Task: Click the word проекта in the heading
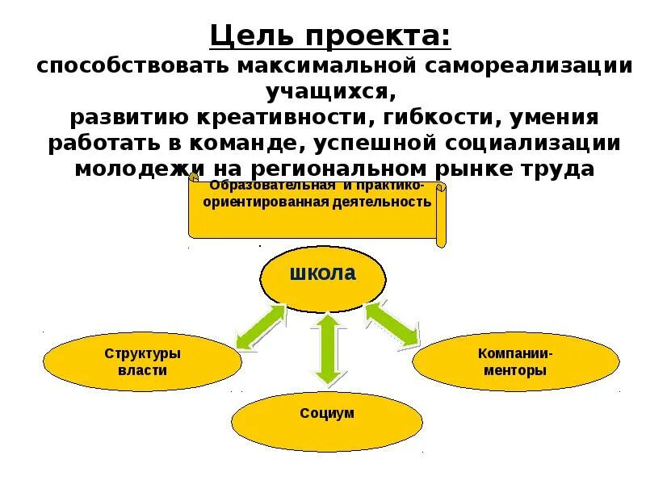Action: tap(379, 36)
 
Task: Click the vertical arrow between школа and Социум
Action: tap(325, 348)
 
